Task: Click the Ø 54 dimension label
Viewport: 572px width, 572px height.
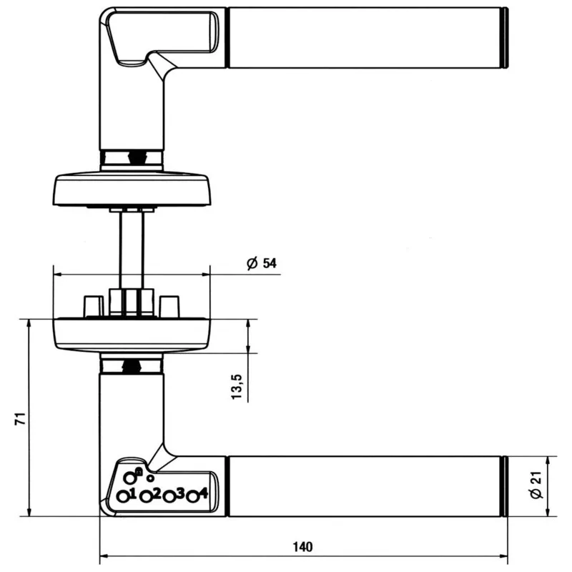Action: (261, 264)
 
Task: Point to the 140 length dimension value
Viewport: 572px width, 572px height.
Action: (302, 548)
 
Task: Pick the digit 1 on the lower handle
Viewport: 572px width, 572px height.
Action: (133, 492)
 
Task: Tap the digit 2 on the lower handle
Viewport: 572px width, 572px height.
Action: (156, 493)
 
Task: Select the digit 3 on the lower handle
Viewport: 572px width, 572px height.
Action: (179, 493)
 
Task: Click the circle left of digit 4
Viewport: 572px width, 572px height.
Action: (192, 497)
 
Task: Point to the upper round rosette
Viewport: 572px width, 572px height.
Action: (132, 188)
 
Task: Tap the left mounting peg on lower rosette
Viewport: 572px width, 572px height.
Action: (92, 306)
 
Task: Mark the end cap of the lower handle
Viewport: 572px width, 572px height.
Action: (506, 485)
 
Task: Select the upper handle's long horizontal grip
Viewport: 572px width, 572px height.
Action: (365, 38)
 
